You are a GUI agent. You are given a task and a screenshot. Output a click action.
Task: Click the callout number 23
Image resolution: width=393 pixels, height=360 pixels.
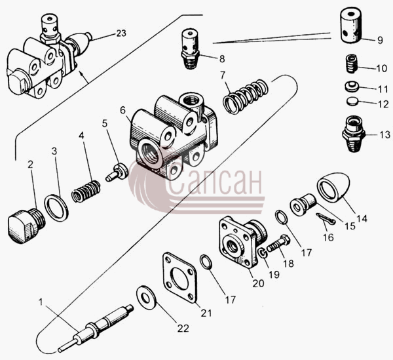coord(121,33)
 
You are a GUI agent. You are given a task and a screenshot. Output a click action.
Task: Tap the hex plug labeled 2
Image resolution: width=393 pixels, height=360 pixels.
coord(26,226)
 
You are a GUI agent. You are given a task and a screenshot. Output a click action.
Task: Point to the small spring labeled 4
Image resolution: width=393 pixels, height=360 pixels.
coord(86,191)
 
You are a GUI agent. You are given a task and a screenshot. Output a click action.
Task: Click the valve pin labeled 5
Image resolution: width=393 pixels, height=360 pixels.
coord(117,172)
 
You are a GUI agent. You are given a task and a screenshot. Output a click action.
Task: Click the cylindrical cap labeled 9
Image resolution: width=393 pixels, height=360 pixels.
coord(351,26)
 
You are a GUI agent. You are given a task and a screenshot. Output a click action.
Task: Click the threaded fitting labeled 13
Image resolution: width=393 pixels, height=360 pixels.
coord(354,134)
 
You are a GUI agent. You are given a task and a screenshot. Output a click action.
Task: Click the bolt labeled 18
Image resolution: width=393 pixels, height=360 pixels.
coord(279,243)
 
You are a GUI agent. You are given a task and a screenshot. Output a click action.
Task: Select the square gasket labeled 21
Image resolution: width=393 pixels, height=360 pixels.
coord(179,278)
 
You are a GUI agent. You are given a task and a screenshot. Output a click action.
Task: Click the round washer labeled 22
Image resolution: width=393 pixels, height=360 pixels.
coord(146,297)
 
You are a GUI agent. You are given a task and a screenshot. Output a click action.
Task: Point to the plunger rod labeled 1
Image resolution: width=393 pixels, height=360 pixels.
coord(95,327)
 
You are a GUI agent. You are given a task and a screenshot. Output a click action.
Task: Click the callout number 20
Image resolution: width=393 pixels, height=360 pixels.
coord(258,283)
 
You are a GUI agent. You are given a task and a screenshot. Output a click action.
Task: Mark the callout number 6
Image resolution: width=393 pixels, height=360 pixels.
coord(122,110)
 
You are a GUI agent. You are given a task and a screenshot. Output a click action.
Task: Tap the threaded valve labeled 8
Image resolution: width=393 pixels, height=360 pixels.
coord(190,49)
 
